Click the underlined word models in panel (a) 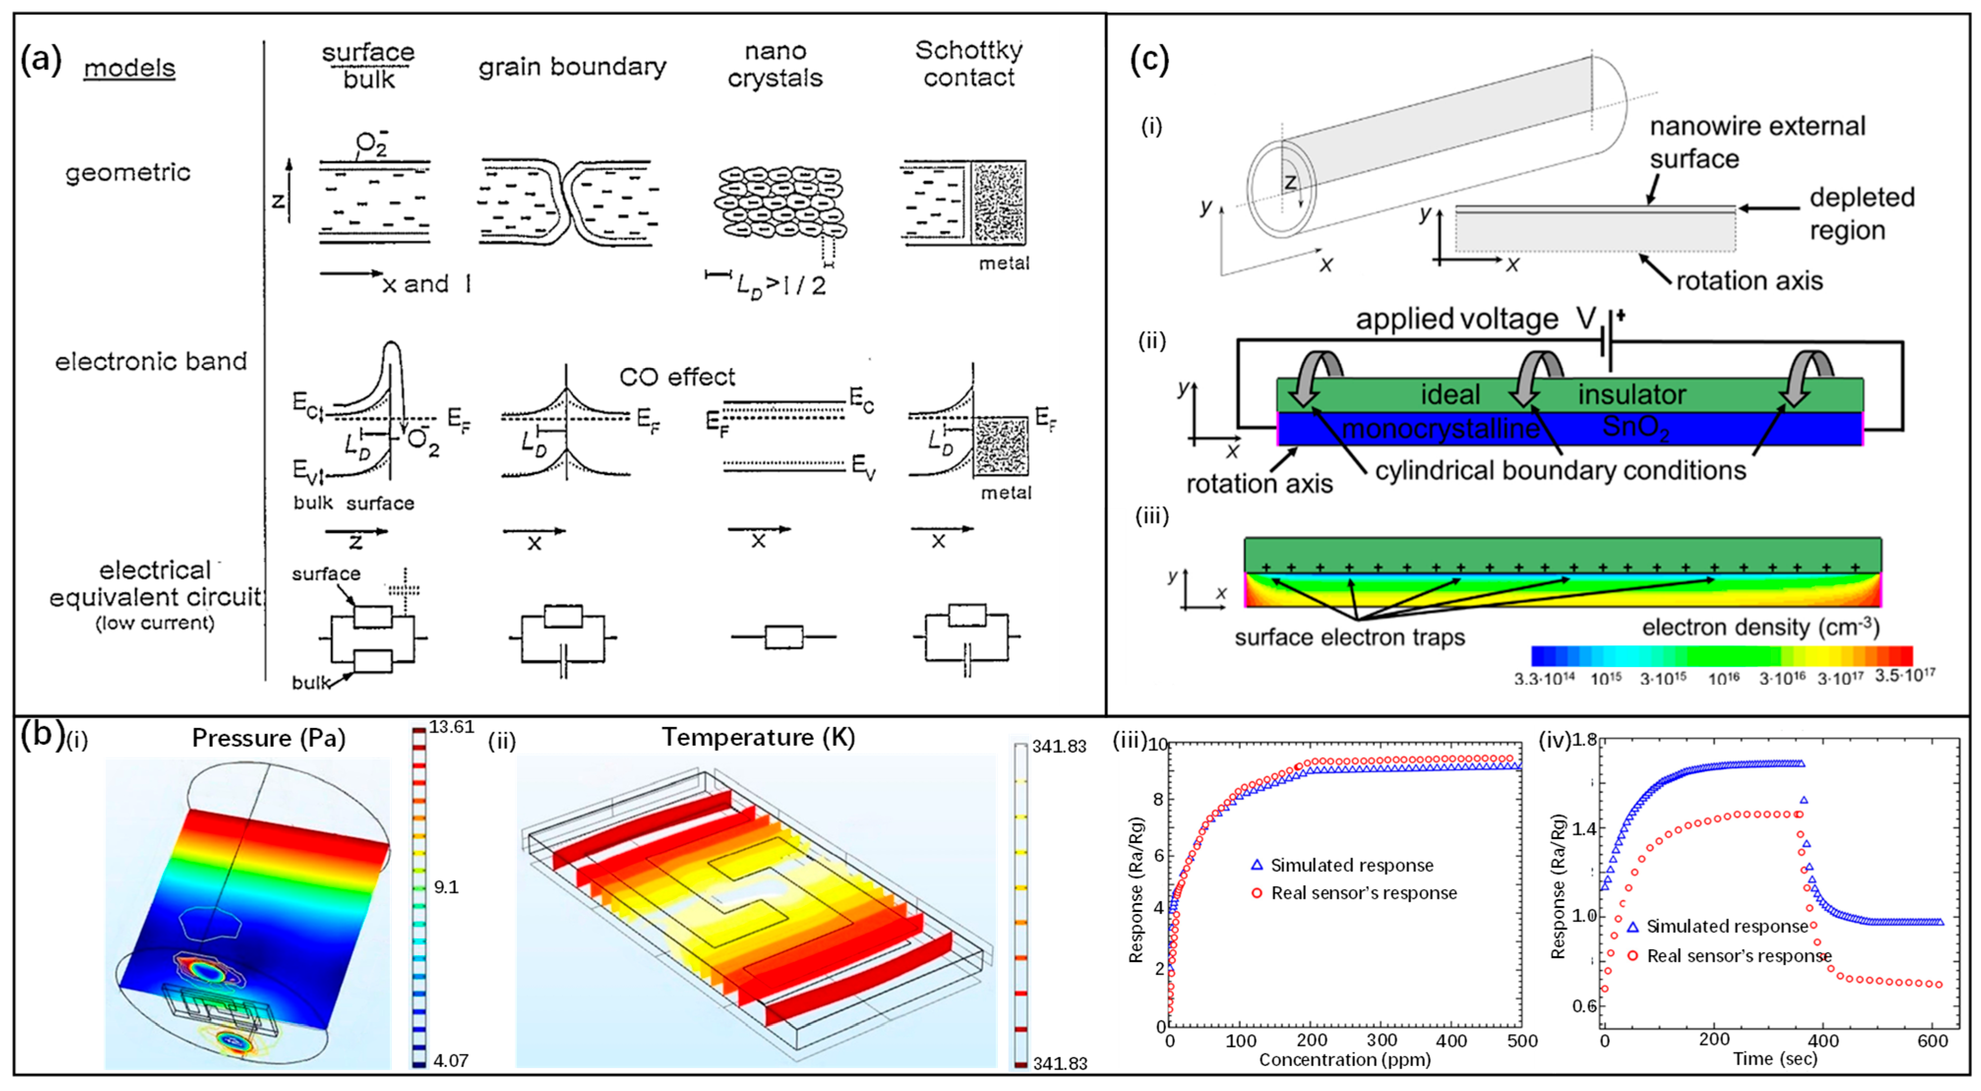129,68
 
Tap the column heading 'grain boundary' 572,67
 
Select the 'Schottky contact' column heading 969,64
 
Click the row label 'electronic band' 150,361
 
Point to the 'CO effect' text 677,377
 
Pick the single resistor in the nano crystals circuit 783,637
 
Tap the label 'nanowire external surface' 1757,142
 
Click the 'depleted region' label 1861,213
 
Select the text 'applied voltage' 1457,319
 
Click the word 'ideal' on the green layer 1450,394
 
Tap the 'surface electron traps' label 1350,637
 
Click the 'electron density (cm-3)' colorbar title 1760,627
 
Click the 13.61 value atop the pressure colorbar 451,727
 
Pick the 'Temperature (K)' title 758,737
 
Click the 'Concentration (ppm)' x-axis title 1344,1060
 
